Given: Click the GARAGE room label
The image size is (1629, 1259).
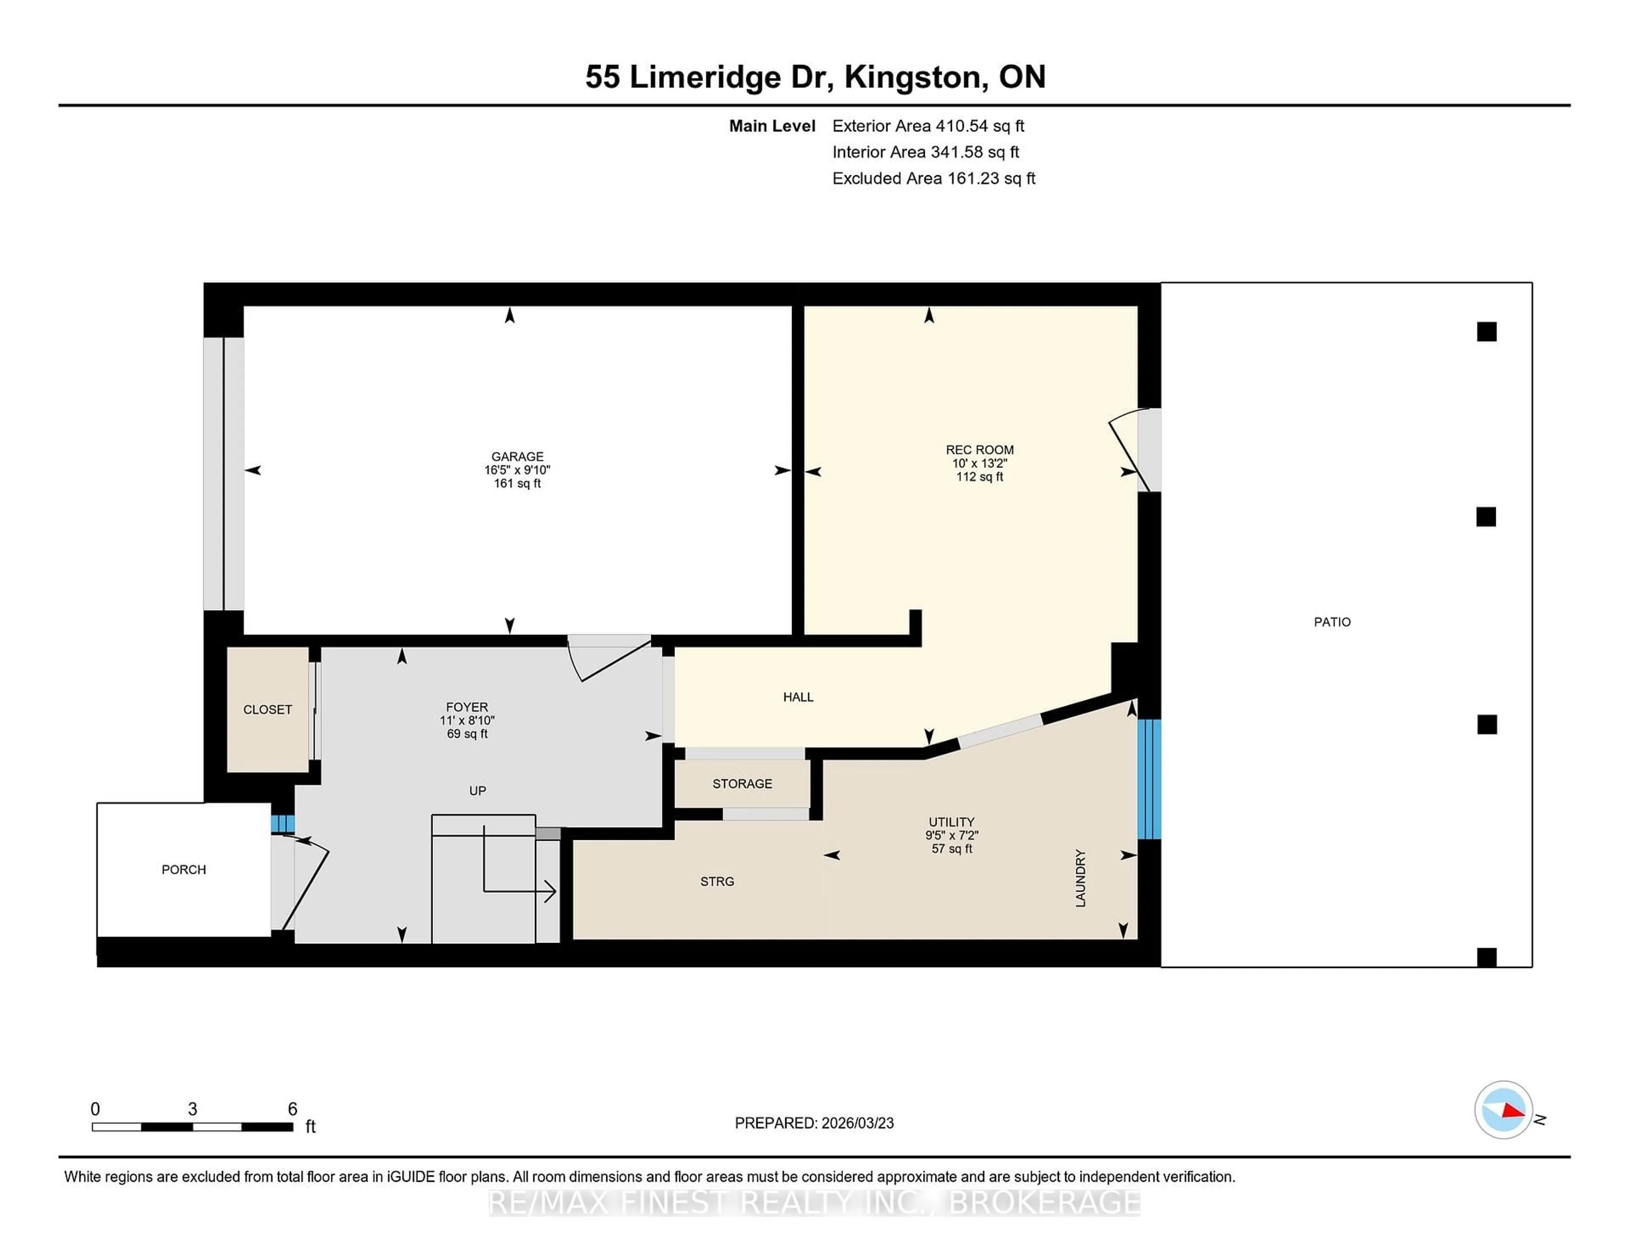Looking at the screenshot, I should click(517, 456).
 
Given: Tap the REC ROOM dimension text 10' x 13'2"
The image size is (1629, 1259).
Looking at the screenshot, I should click(980, 463).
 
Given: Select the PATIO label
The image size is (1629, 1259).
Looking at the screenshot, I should click(1332, 622).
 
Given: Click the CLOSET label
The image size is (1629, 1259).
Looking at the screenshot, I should click(267, 709).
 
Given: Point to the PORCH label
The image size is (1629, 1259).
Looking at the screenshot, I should click(184, 870).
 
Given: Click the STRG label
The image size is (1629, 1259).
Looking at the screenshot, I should click(717, 881).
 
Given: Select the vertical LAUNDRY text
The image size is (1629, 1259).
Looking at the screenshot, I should click(1080, 878).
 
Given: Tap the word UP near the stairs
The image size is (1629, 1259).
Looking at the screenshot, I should click(477, 791).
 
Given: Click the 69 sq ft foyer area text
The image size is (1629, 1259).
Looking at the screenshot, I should click(467, 734).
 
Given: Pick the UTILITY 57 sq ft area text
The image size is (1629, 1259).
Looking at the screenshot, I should click(952, 849).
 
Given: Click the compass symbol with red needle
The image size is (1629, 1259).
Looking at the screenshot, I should click(1503, 1110).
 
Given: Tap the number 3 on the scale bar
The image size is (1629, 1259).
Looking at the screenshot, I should click(193, 1109).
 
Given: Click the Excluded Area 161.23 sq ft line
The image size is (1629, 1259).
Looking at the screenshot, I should click(933, 178).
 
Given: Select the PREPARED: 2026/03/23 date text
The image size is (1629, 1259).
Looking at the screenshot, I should click(814, 1123).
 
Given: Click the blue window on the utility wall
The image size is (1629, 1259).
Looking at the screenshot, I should click(1149, 779).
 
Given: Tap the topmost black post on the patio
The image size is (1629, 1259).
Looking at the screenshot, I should click(1486, 332).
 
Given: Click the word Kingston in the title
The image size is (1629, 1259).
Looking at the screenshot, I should click(912, 77).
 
